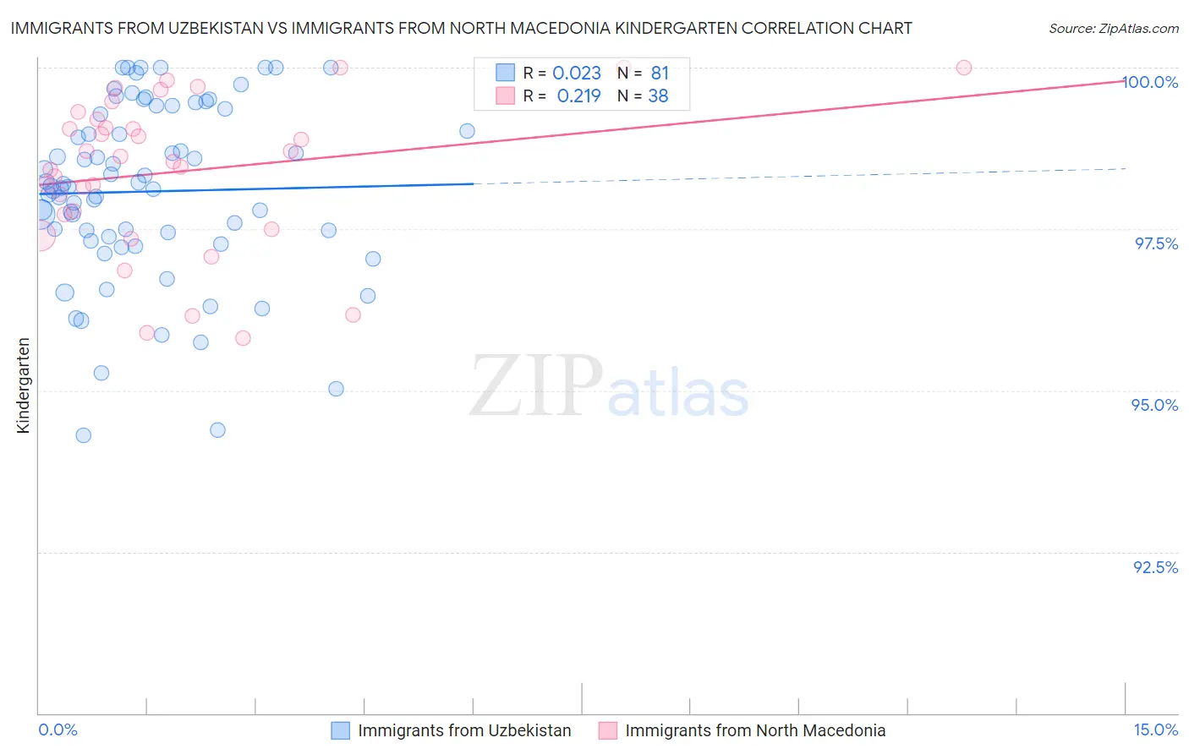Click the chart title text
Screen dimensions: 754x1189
tap(461, 28)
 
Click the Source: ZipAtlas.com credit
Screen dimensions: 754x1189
tap(1113, 28)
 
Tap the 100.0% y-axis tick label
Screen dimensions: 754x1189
tap(1150, 82)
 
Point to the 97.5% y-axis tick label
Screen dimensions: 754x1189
tap(1156, 243)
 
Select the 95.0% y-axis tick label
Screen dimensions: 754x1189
tap(1155, 405)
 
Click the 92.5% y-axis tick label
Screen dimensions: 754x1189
tap(1155, 567)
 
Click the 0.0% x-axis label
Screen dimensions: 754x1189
tap(58, 729)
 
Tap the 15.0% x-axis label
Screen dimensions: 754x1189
tap(1155, 729)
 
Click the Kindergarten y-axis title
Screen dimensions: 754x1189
tap(24, 385)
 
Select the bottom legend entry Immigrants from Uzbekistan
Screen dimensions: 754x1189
tap(463, 730)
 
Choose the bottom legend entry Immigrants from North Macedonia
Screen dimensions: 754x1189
tap(754, 730)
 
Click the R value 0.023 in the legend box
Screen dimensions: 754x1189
tap(577, 74)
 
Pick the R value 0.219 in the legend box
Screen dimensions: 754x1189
tap(578, 96)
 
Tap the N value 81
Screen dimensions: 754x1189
tap(660, 74)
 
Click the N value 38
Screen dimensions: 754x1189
tap(658, 96)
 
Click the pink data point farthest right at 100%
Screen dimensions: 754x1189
tap(963, 68)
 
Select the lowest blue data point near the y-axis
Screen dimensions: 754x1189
tap(83, 435)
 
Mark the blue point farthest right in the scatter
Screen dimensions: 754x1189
tap(467, 131)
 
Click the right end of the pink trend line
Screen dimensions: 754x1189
tap(1125, 80)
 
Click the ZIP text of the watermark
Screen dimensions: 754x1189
tap(535, 387)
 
